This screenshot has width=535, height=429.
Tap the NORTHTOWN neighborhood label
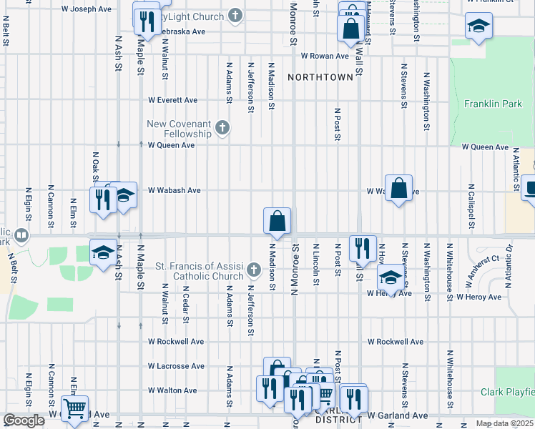pos(321,77)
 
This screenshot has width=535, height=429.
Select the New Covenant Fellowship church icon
pos(222,129)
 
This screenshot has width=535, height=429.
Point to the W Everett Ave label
pos(172,100)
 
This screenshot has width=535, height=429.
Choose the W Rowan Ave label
pos(324,55)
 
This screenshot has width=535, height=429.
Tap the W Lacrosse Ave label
pos(176,366)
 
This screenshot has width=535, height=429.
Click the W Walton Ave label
pos(172,390)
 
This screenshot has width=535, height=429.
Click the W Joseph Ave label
pos(87,9)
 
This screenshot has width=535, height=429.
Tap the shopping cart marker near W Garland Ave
pos(74,409)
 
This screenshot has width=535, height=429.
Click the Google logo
pos(24,421)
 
